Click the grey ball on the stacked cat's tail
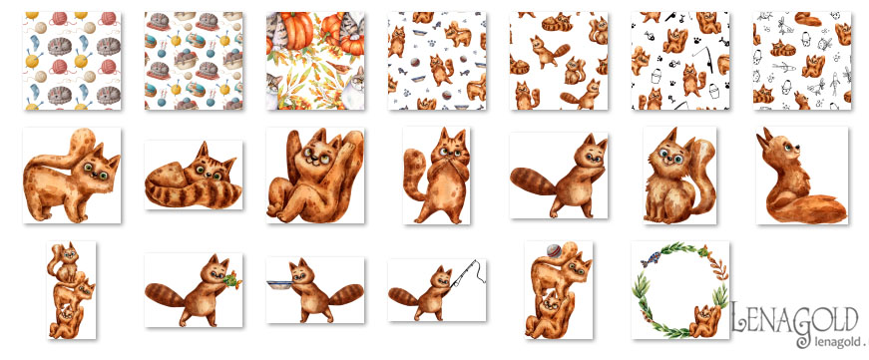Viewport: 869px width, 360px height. tap(554, 250)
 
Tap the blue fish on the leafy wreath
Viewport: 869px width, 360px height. tap(651, 258)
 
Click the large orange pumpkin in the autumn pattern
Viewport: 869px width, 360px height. tap(296, 32)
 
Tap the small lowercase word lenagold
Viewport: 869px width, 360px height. tap(827, 341)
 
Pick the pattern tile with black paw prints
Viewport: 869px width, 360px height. tap(680, 61)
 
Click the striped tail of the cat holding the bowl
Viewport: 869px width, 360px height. tap(345, 294)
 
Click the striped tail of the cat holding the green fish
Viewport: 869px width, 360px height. tap(165, 294)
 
